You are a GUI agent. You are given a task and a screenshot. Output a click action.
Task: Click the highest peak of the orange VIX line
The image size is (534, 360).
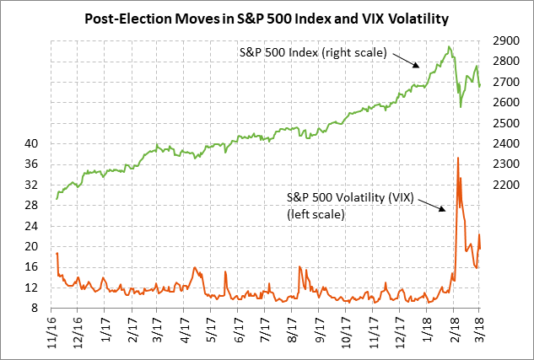[x=457, y=158]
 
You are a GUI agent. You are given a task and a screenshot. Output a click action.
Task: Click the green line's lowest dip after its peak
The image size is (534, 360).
[x=461, y=106]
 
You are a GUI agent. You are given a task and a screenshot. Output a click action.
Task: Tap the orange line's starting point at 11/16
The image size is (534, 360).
[x=57, y=253]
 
